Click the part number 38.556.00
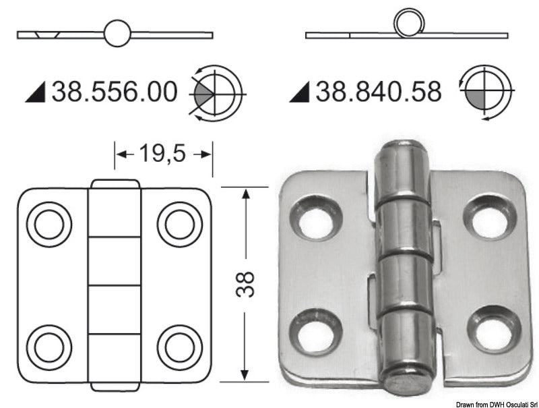click(x=115, y=91)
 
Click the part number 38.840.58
click(x=379, y=91)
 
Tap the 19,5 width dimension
click(x=162, y=154)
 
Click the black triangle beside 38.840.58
click(x=299, y=94)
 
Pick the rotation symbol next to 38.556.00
click(x=217, y=92)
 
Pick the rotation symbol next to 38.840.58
click(x=483, y=92)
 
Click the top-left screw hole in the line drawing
click(x=49, y=223)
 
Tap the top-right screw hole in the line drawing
click(x=179, y=223)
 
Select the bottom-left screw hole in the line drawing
click(x=49, y=346)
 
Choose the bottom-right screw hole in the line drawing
click(x=179, y=346)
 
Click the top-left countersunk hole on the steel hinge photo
click(x=313, y=217)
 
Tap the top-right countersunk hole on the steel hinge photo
click(x=490, y=217)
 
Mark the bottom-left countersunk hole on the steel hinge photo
click(x=314, y=328)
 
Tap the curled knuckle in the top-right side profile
click(x=407, y=25)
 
